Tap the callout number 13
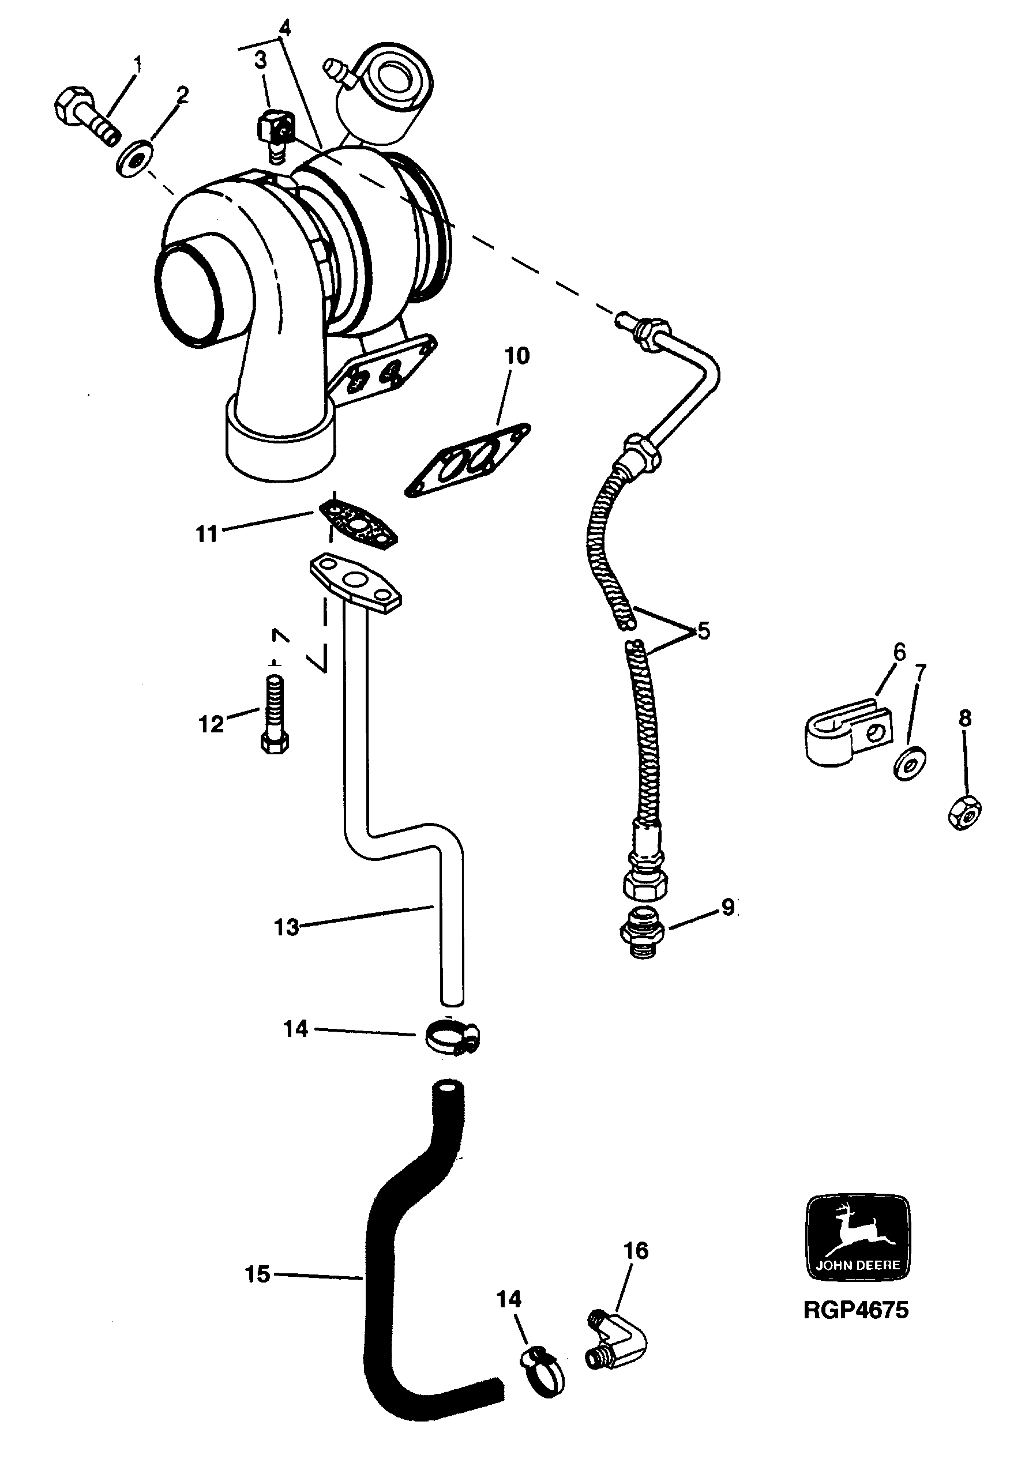click(286, 927)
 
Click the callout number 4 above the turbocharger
click(285, 28)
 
